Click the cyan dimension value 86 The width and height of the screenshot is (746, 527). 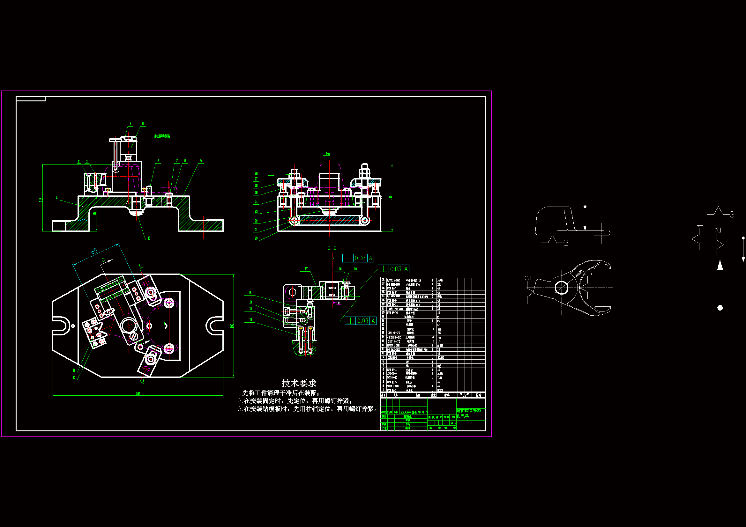pos(94,251)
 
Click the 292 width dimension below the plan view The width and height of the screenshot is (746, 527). pos(138,394)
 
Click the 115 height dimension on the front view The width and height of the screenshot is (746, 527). pos(41,199)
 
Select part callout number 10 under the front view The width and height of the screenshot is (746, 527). pos(149,238)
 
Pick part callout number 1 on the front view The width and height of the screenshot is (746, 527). pos(57,197)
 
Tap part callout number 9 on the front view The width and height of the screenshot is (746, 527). pos(201,161)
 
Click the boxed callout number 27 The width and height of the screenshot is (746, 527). pos(256,179)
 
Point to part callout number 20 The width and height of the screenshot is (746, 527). pos(256,238)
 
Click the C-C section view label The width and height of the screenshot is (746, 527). pos(332,248)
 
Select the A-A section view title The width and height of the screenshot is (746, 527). pos(327,154)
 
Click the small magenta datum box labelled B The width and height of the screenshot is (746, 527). pos(339,303)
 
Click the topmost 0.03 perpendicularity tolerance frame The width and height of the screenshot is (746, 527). pos(358,258)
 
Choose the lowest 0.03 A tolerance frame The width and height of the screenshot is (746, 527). pos(360,321)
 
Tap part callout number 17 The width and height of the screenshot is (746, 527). pos(306,269)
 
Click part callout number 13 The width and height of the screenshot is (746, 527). pos(250,320)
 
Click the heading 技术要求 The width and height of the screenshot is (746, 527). pos(299,383)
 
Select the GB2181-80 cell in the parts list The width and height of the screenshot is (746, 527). pos(394,337)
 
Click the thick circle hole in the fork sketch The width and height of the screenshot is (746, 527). pos(561,287)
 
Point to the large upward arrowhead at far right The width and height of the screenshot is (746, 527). pos(720,265)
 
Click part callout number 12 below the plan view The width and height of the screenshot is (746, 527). pos(74,377)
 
